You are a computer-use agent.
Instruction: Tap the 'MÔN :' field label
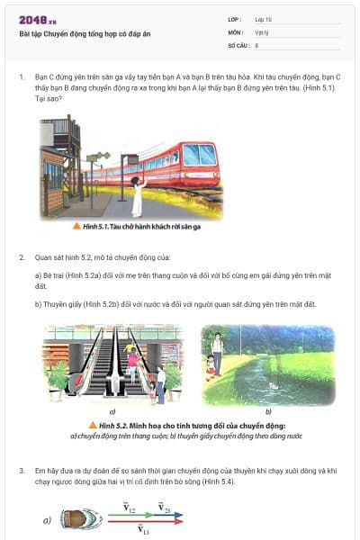click(x=236, y=31)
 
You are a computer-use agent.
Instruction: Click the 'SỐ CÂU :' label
click(x=238, y=44)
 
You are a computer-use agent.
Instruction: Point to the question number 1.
click(x=22, y=78)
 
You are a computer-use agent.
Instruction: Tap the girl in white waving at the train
click(x=137, y=194)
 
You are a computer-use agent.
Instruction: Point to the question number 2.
click(x=22, y=257)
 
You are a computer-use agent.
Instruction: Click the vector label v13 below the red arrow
click(x=143, y=531)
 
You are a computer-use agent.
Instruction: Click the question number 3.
click(x=22, y=470)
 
